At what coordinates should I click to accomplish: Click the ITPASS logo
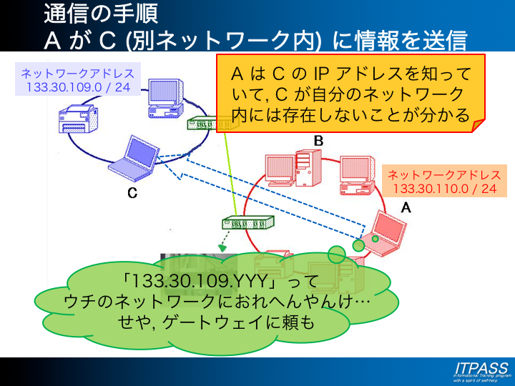[x=481, y=370]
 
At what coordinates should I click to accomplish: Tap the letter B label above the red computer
[x=318, y=141]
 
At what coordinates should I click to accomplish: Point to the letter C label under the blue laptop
[x=132, y=193]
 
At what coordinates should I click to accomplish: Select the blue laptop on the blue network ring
[x=133, y=157]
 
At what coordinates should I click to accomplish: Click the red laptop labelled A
[x=383, y=234]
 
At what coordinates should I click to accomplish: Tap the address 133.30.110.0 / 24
[x=444, y=189]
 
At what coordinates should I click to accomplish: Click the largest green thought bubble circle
[x=336, y=254]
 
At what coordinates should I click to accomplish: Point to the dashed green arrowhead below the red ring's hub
[x=223, y=249]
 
